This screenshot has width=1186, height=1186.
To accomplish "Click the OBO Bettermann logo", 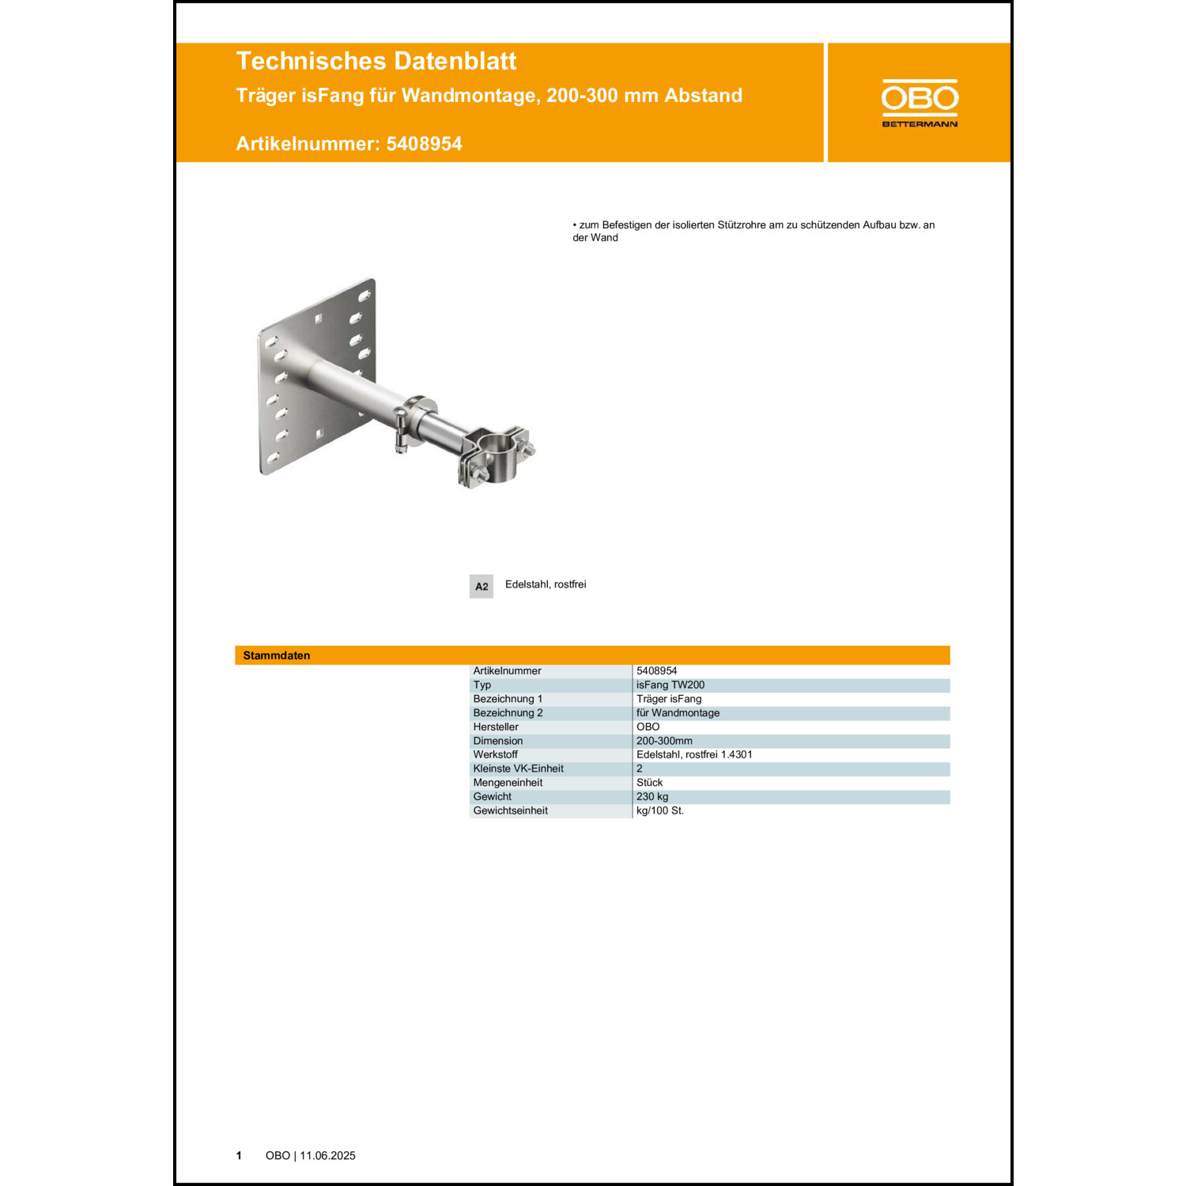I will click(x=919, y=103).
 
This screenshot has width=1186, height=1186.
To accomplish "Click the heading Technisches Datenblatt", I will click(x=376, y=61).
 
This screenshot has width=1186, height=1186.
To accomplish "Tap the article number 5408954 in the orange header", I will click(x=424, y=144).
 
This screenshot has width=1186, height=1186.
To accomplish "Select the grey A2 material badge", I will click(x=481, y=586).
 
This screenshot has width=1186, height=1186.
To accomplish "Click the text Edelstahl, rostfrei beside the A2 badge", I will click(x=546, y=584).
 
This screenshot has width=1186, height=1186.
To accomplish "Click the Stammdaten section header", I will click(x=277, y=655).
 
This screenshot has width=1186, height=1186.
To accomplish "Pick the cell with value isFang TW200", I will click(x=670, y=685).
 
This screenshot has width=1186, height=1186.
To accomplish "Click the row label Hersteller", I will click(x=496, y=727).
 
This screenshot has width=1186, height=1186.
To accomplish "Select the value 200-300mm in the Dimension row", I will click(x=664, y=741).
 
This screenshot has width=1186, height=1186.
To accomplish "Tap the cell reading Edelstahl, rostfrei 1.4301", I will click(x=694, y=754).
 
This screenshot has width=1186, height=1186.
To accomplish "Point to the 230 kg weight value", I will click(x=652, y=796).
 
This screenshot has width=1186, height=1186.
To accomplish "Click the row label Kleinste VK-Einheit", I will click(x=518, y=769).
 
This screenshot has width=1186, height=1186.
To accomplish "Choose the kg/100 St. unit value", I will click(x=659, y=810).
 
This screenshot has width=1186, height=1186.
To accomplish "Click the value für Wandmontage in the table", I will click(x=678, y=712).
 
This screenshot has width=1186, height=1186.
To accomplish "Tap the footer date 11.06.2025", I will click(x=327, y=1155).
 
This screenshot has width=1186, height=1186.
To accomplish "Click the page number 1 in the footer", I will click(x=239, y=1155).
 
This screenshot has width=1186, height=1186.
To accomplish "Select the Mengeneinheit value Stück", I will click(x=649, y=782).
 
